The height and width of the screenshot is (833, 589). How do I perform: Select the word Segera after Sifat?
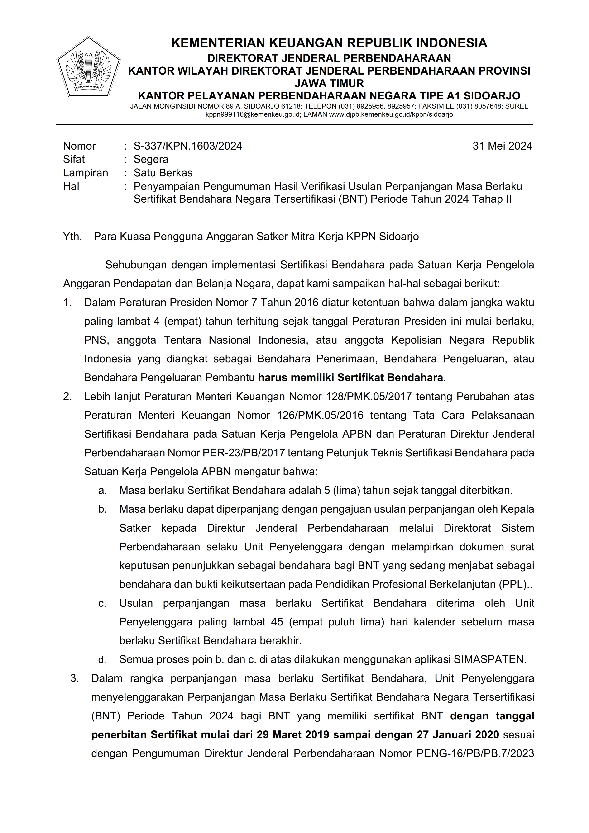point(151,159)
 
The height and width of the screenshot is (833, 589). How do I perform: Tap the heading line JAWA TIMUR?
point(329,83)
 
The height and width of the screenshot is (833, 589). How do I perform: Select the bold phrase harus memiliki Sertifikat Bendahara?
point(350,378)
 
